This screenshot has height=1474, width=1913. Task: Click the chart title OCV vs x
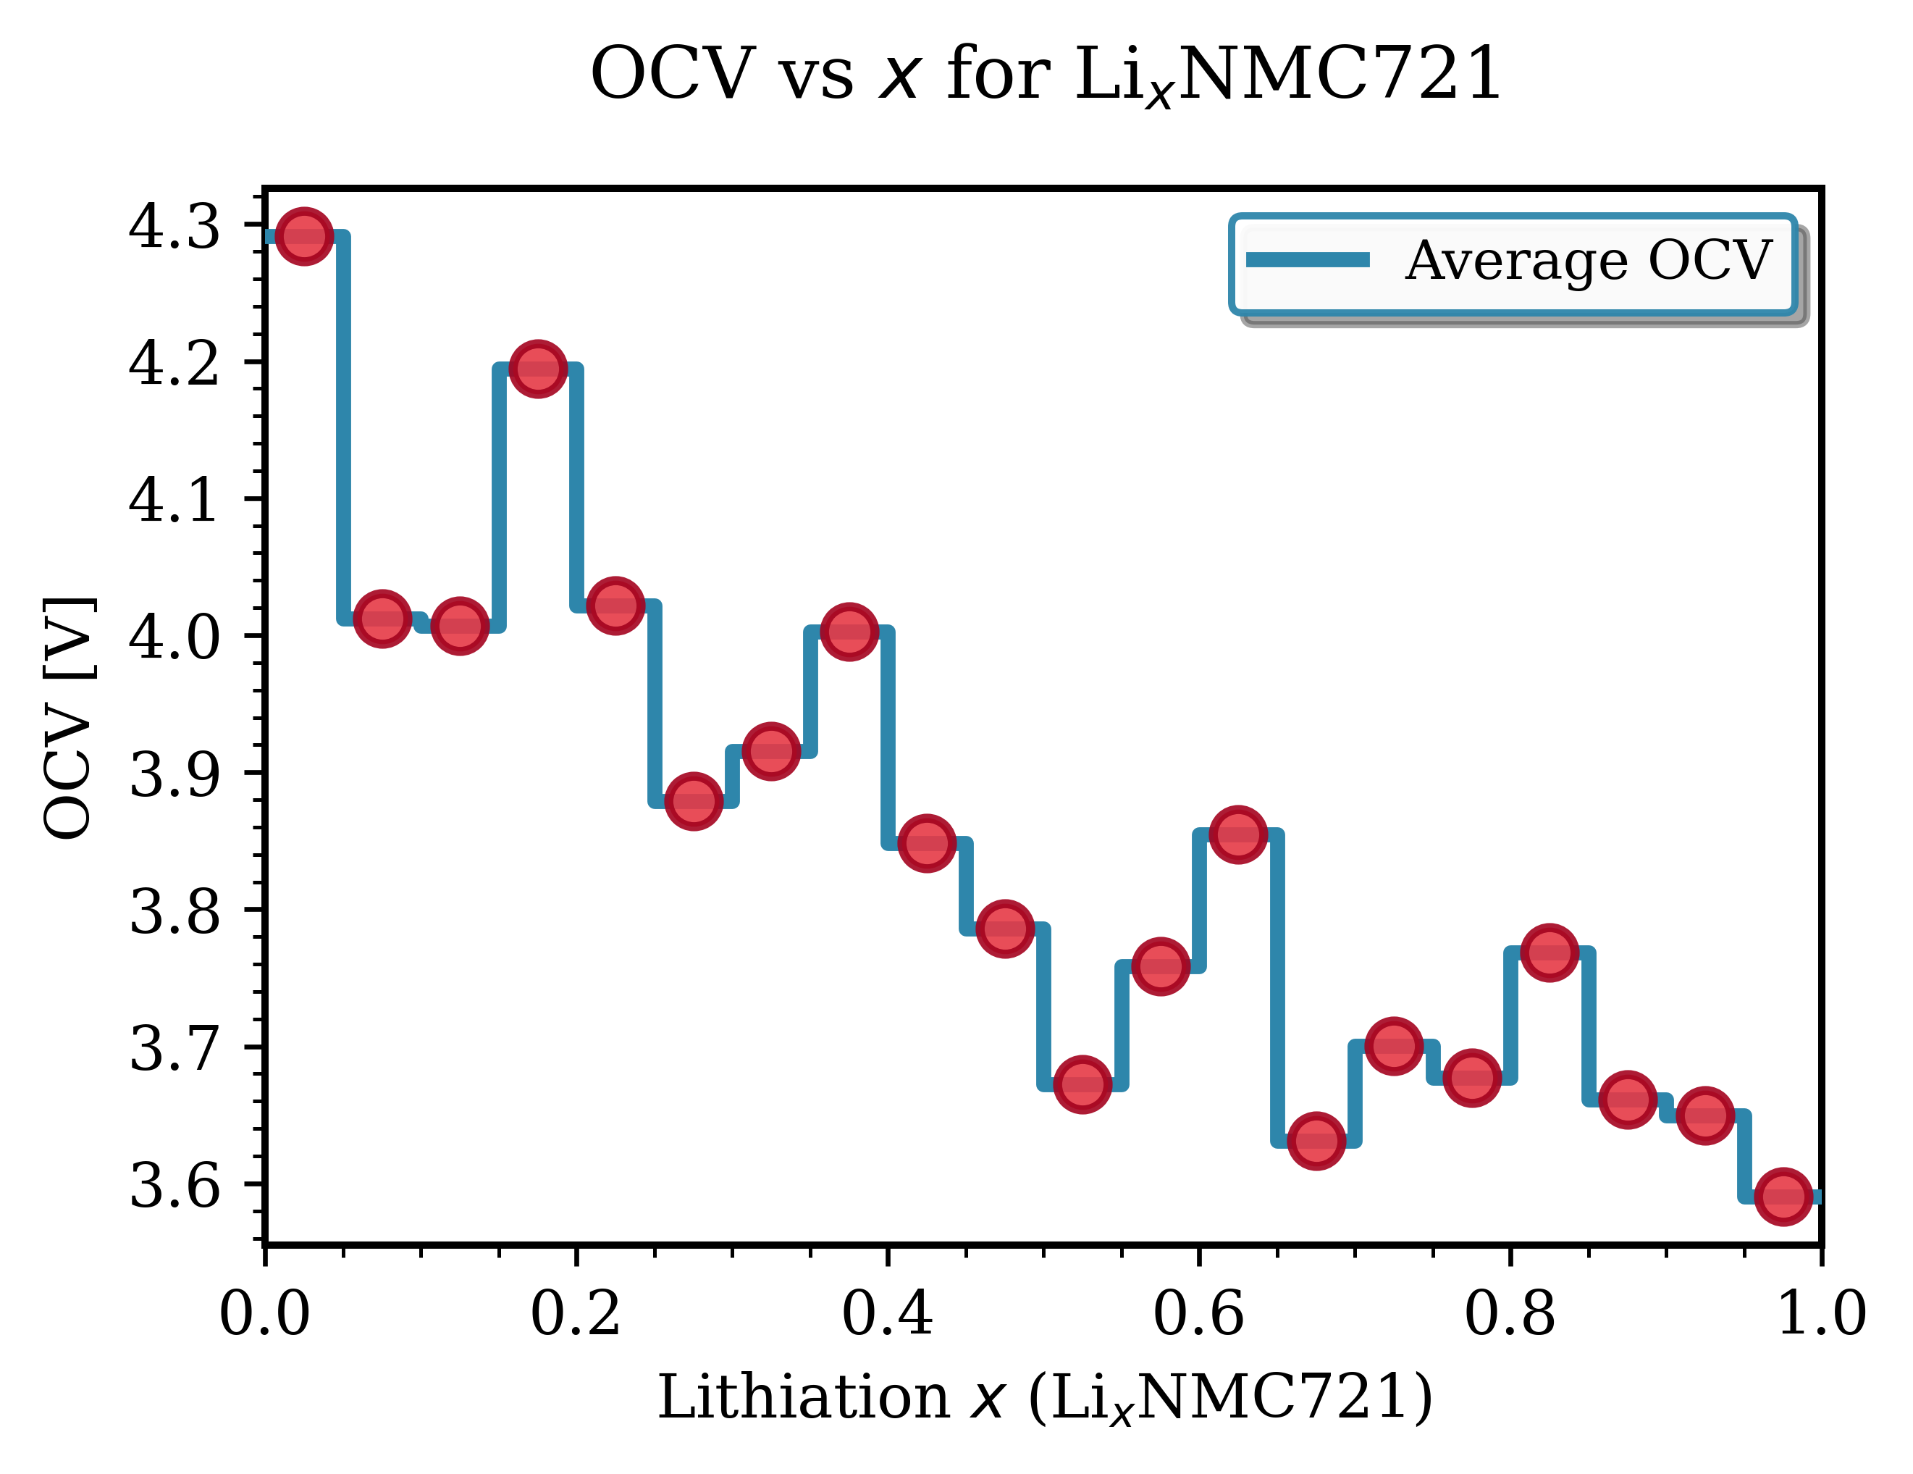(x=1046, y=74)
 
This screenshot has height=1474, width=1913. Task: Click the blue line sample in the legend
(x=1307, y=259)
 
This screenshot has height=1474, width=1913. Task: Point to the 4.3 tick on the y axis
(x=174, y=227)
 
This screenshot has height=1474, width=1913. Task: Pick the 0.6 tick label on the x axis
(x=1198, y=1315)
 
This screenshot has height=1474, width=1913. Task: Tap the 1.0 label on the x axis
(x=1820, y=1315)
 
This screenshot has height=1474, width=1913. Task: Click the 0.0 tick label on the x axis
(x=264, y=1315)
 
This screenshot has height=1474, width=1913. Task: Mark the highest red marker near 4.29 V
(x=304, y=235)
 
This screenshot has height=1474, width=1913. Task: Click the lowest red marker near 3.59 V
(x=1783, y=1196)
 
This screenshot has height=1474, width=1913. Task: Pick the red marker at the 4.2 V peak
(x=537, y=368)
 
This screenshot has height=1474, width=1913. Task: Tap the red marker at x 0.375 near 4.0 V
(x=849, y=631)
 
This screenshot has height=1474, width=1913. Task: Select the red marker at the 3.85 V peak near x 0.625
(x=1237, y=834)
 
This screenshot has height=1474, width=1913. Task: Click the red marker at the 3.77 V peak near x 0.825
(x=1550, y=952)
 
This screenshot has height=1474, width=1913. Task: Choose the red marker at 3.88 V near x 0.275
(x=693, y=801)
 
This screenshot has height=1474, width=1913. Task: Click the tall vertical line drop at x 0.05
(x=343, y=430)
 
